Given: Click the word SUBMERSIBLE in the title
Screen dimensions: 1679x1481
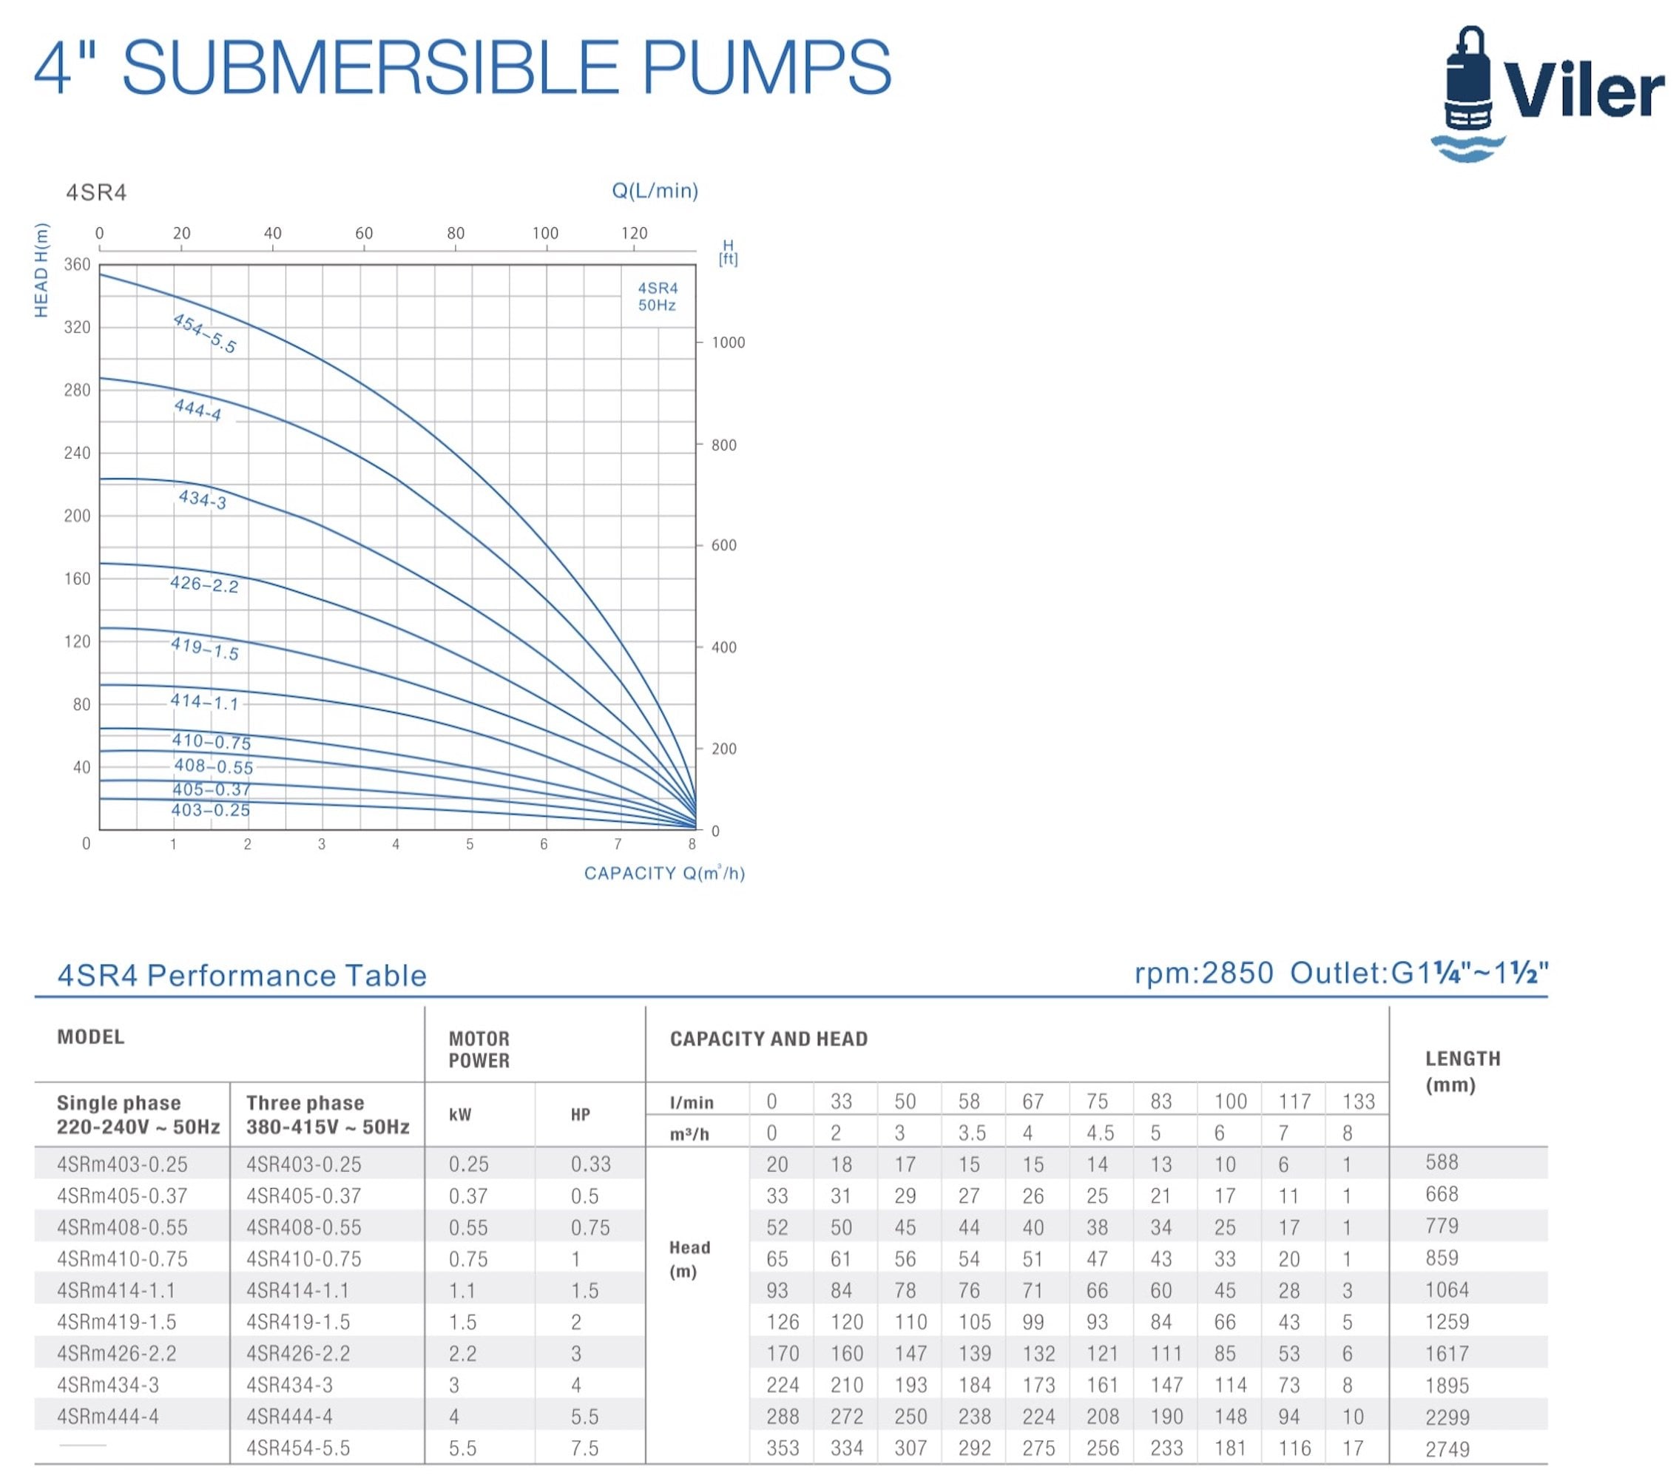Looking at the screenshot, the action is [x=370, y=67].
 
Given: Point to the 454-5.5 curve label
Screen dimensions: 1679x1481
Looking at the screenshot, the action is [x=203, y=334].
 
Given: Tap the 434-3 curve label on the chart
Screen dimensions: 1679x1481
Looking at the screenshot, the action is [x=202, y=499].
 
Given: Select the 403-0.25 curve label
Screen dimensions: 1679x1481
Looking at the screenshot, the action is [x=210, y=810].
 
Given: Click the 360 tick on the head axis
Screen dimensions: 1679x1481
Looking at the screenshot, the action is [x=77, y=265].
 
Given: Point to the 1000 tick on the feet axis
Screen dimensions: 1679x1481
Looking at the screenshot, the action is [x=728, y=343].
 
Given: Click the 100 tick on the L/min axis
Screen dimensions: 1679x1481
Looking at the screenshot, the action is [x=544, y=233].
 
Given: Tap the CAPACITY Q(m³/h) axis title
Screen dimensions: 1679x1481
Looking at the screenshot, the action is [x=663, y=873].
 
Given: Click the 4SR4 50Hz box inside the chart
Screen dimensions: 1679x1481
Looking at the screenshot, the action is [x=657, y=297].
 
